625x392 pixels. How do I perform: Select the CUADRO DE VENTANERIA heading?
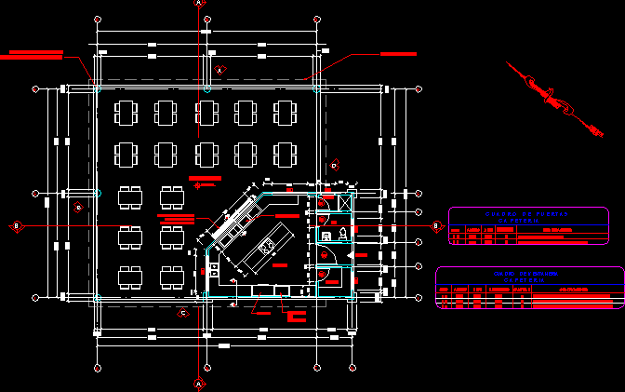tap(526, 273)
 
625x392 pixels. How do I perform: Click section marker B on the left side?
tap(16, 226)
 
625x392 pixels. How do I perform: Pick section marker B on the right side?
tap(435, 225)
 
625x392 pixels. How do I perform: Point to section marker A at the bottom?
tap(198, 383)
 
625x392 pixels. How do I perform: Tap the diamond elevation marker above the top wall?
tap(220, 70)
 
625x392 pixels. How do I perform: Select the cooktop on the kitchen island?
tap(267, 247)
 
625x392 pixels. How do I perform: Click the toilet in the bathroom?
tap(343, 233)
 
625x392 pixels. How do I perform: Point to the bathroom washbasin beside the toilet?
tap(327, 236)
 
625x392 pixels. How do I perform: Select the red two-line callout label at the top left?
tap(32, 55)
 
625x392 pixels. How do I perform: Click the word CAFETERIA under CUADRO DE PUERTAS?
tap(526, 222)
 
